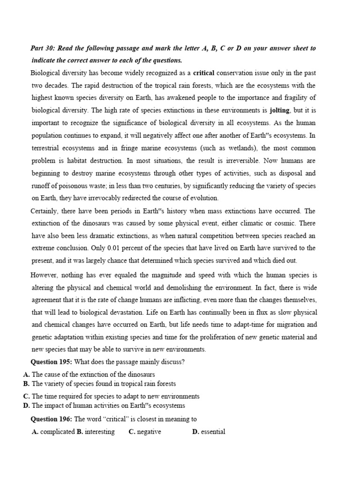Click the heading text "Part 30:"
click(x=44, y=48)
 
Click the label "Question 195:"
click(x=51, y=362)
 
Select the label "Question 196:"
click(x=51, y=419)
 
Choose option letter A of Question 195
click(x=26, y=375)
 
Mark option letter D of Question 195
click(x=26, y=405)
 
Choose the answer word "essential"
click(x=213, y=432)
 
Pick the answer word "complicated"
click(x=58, y=432)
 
